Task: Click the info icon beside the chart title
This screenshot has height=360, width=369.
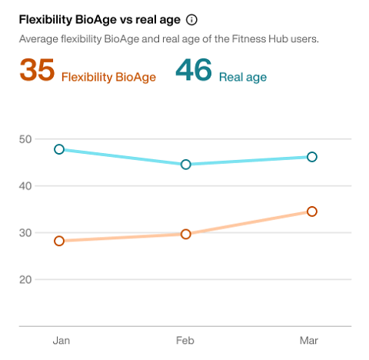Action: (x=192, y=20)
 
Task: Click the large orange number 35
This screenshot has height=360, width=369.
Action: (x=37, y=71)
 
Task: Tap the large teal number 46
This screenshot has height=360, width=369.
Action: (x=194, y=71)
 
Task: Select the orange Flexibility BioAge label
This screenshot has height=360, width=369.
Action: (x=108, y=76)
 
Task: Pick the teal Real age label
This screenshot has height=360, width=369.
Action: (x=242, y=76)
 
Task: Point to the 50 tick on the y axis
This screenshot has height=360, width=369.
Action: (x=25, y=139)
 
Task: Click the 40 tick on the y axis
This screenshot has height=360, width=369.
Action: (x=25, y=186)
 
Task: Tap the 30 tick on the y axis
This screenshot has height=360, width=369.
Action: (x=25, y=233)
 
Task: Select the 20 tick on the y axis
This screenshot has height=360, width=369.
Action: (x=25, y=279)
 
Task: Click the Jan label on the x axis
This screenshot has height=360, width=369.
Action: (x=59, y=340)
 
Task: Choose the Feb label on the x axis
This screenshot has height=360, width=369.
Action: (x=185, y=340)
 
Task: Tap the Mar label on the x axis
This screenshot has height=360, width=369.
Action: (x=309, y=340)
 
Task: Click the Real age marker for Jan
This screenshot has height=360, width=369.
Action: (x=59, y=149)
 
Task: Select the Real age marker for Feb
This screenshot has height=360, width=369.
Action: (x=185, y=164)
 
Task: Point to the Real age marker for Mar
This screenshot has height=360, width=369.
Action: (x=312, y=157)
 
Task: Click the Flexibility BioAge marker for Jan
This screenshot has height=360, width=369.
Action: (x=59, y=241)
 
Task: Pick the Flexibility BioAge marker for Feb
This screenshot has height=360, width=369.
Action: (x=185, y=234)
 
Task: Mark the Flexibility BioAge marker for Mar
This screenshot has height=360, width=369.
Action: (x=312, y=212)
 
